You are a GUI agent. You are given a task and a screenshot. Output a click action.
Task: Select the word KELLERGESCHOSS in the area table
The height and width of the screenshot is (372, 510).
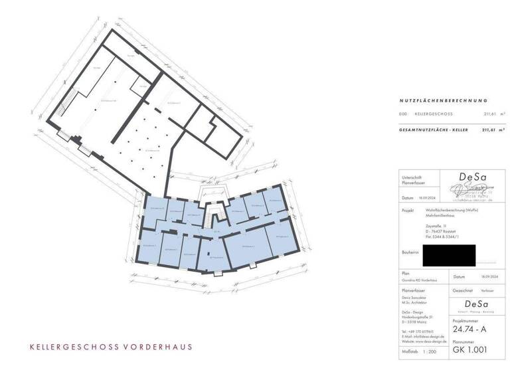[x=433, y=114]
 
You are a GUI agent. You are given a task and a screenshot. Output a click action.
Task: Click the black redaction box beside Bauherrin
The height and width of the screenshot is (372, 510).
[x=449, y=253]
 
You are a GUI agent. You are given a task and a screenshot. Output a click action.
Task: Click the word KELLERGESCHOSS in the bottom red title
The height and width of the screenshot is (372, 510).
[x=73, y=347]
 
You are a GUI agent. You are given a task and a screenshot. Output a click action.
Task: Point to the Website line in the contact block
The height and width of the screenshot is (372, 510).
[x=426, y=339]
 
